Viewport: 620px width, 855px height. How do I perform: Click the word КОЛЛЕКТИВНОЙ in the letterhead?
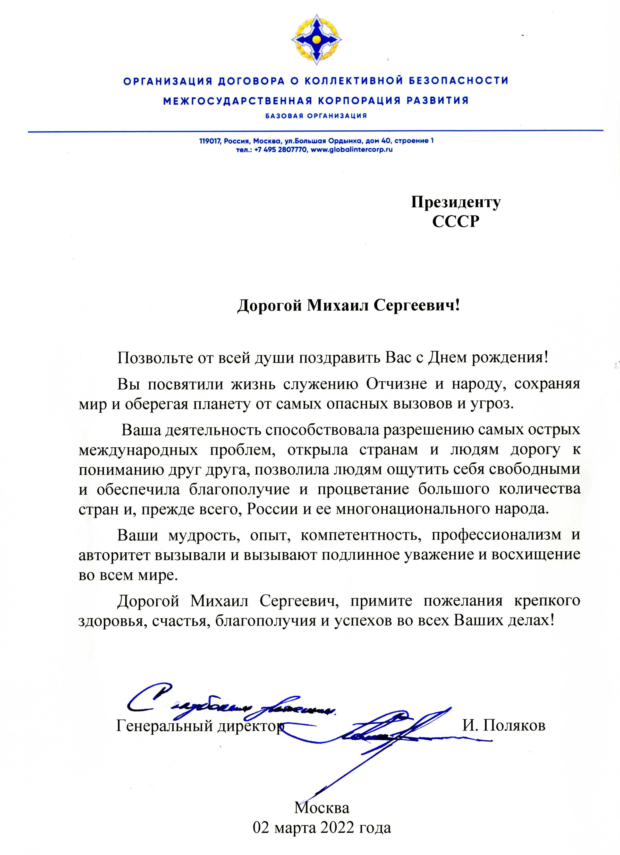344,81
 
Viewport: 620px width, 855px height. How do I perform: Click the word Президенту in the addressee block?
456,202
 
